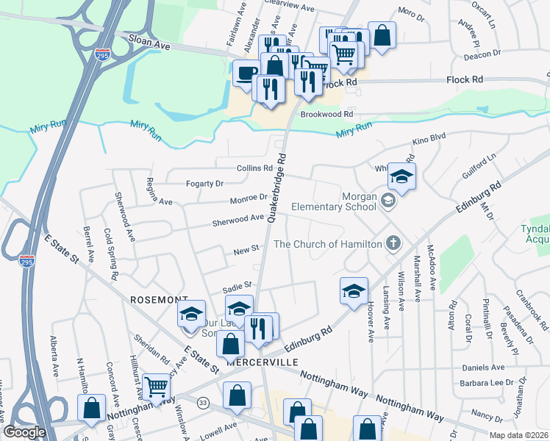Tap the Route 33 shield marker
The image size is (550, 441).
[x=202, y=402]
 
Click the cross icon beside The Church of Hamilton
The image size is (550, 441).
[x=394, y=243]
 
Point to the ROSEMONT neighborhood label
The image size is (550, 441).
[x=154, y=300]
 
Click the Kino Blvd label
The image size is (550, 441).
[x=430, y=139]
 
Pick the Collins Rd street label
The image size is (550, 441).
[x=254, y=168]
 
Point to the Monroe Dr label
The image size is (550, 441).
[x=249, y=198]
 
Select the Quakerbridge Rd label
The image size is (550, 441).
[x=276, y=187]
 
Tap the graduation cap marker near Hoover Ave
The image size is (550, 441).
[x=354, y=290]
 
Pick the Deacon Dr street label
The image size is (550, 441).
[x=483, y=53]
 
